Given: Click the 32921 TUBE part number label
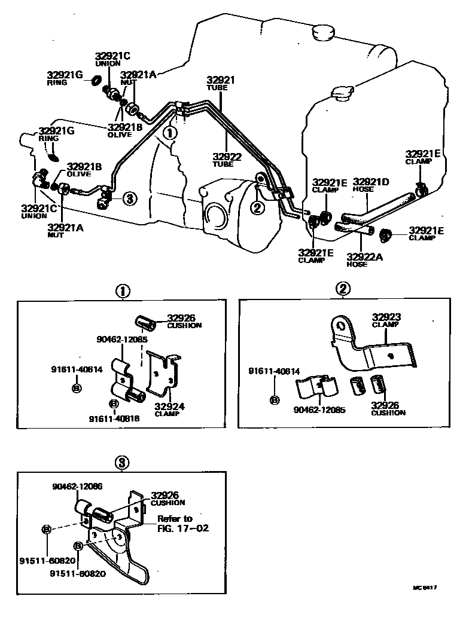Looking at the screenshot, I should pyautogui.click(x=220, y=84).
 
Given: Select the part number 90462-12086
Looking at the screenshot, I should pyautogui.click(x=77, y=487).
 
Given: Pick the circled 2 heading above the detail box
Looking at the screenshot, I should pyautogui.click(x=343, y=289).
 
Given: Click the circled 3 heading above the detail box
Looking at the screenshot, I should pyautogui.click(x=121, y=462).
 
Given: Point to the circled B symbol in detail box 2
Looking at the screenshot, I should pyautogui.click(x=275, y=400).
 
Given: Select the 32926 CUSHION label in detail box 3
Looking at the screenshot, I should pyautogui.click(x=168, y=499).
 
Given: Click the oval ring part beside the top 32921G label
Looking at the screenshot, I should pyautogui.click(x=95, y=80).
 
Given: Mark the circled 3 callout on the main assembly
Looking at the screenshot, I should pyautogui.click(x=130, y=198).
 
